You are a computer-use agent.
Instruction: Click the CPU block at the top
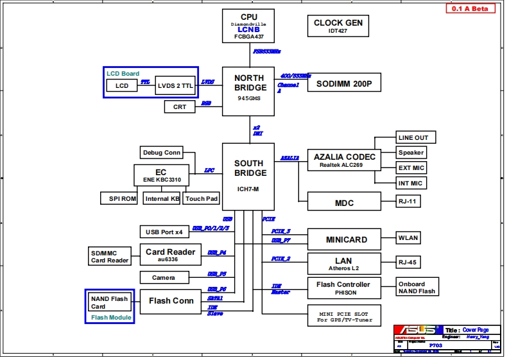click(x=248, y=26)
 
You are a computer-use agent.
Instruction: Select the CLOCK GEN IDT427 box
click(x=338, y=26)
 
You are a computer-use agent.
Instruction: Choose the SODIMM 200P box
click(x=345, y=83)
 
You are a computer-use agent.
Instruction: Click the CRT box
click(x=180, y=107)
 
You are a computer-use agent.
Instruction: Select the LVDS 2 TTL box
click(x=175, y=85)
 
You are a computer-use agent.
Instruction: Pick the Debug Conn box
click(x=162, y=152)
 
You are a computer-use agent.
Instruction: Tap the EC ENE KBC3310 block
click(x=160, y=175)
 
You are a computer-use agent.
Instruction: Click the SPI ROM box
click(x=119, y=198)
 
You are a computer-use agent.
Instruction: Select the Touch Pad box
click(x=202, y=198)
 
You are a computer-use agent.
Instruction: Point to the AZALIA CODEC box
click(x=345, y=160)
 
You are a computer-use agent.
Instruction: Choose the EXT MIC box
click(x=411, y=167)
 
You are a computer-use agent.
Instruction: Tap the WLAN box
click(x=408, y=237)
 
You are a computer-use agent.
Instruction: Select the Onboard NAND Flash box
click(x=417, y=287)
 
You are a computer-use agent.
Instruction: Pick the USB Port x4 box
click(x=164, y=232)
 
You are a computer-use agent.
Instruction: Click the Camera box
click(x=164, y=277)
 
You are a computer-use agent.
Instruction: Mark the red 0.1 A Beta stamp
click(x=470, y=8)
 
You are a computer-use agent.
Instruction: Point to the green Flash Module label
click(x=111, y=317)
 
